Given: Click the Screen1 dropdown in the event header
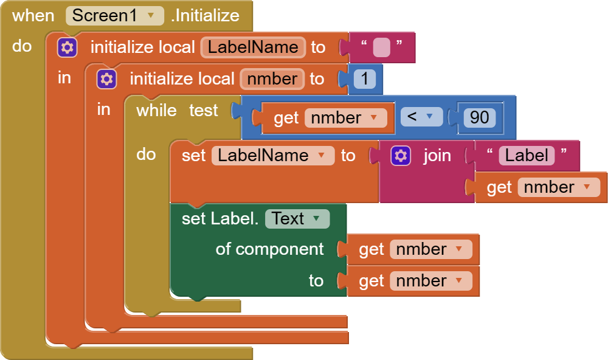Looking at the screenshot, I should coord(115,15).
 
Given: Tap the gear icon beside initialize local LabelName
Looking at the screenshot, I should coord(67,47).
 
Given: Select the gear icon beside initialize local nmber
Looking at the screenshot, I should coord(106,79).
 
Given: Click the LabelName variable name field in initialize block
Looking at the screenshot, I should coord(253,47).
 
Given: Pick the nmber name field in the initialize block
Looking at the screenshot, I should coord(272,79).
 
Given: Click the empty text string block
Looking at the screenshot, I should coord(381,47).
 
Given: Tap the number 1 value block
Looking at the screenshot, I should coord(364,79).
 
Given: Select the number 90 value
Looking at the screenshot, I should coord(479,117).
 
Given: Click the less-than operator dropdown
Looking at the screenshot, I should coord(421,117).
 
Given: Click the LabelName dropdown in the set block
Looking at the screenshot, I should coord(272,156).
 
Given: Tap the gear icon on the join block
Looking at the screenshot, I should coord(400,156).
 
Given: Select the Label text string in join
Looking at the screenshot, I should coord(527,156).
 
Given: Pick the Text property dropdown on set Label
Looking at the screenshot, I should coord(297,219).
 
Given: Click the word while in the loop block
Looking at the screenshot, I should coord(156,111).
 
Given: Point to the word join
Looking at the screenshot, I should coord(437,156).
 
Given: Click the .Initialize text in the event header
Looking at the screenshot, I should coord(205,15).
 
